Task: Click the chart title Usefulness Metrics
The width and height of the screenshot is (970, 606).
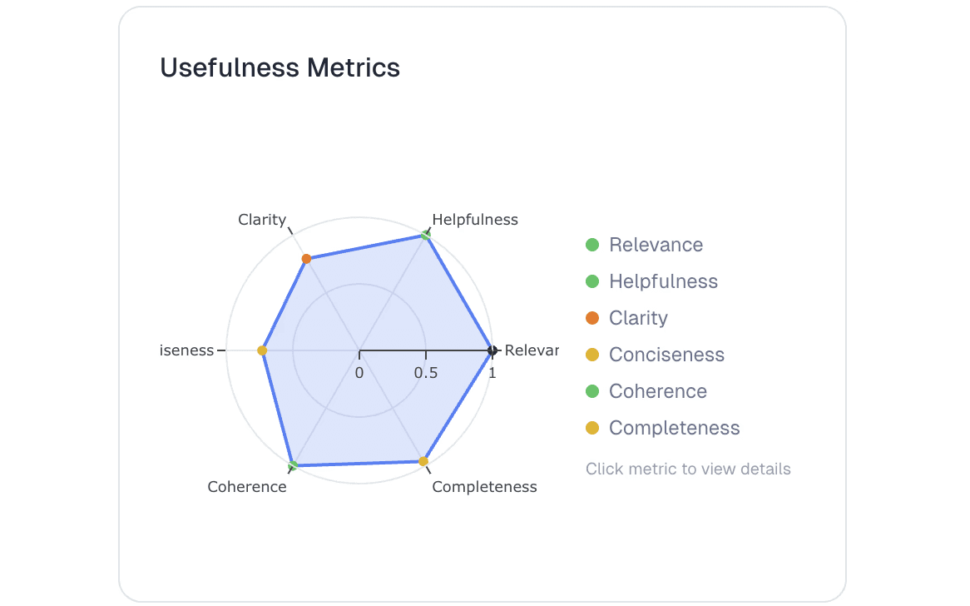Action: [x=280, y=67]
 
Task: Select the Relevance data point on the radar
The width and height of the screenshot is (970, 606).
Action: [x=492, y=350]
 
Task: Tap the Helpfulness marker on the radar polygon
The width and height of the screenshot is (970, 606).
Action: [x=426, y=236]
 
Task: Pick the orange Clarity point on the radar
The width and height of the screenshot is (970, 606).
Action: [x=306, y=259]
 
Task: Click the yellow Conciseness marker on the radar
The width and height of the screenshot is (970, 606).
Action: [x=262, y=350]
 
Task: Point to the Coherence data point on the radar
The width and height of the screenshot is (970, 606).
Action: [x=293, y=464]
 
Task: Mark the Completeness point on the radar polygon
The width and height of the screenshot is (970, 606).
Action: [x=423, y=461]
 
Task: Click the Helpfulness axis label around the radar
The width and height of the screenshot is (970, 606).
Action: [x=475, y=220]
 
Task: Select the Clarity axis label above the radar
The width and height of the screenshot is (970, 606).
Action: [x=262, y=220]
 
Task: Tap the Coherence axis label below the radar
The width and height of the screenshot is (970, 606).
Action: [x=247, y=487]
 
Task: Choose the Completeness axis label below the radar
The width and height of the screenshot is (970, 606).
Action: [x=484, y=487]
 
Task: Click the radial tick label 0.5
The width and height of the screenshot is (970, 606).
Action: [x=426, y=373]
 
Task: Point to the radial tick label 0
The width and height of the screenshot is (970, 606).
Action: [x=359, y=373]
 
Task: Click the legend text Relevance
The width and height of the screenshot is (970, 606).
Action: [x=656, y=245]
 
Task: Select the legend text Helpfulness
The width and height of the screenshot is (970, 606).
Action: [x=663, y=281]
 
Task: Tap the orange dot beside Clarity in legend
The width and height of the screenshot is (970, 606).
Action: [x=592, y=318]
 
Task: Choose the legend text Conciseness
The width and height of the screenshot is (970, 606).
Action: [x=666, y=355]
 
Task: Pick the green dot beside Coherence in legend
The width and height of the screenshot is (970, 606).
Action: [x=592, y=391]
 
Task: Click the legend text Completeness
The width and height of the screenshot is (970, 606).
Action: [x=674, y=428]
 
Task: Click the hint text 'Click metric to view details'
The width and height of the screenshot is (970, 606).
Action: [x=688, y=469]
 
